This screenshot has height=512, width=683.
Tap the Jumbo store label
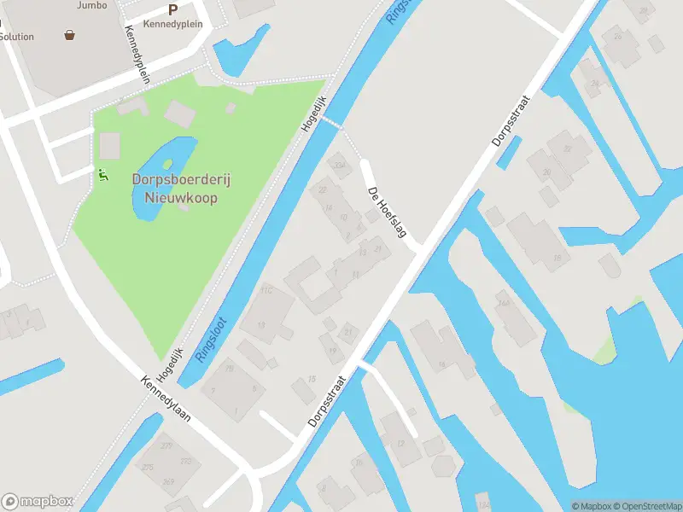[x=91, y=5]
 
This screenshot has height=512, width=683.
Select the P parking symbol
[x=172, y=10]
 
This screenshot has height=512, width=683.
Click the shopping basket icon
[x=69, y=35]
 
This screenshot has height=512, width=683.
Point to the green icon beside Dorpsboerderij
[x=103, y=175]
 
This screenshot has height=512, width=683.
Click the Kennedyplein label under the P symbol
[x=173, y=25]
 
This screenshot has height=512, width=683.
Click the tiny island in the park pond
[x=166, y=163]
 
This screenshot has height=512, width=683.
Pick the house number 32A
[x=340, y=165]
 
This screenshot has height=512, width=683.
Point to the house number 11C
[x=266, y=291]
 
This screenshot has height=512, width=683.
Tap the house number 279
[x=166, y=446]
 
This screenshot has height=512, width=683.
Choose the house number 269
[x=169, y=482]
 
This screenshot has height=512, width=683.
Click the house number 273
[x=185, y=462]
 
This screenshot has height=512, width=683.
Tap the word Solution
[x=17, y=37]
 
